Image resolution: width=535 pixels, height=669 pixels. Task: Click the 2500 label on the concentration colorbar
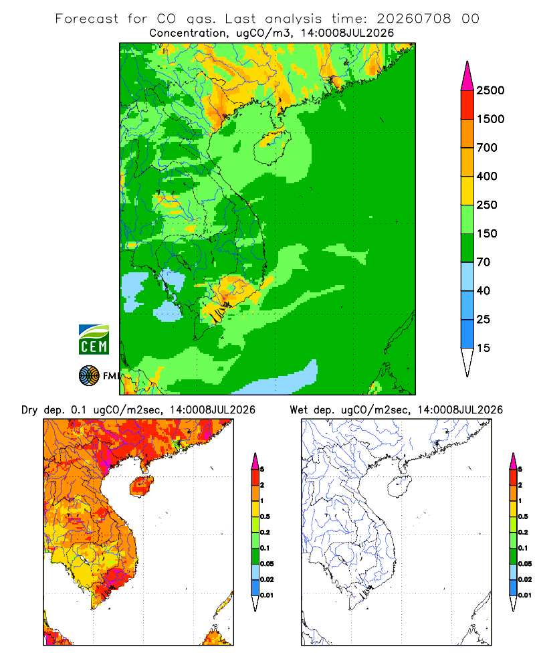[x=490, y=90]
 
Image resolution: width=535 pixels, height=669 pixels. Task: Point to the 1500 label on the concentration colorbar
[x=490, y=119]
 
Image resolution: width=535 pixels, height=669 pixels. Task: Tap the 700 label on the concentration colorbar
[x=487, y=148]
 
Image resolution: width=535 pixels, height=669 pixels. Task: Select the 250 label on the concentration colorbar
[x=487, y=205]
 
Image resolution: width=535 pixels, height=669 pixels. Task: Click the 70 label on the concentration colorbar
[x=484, y=262]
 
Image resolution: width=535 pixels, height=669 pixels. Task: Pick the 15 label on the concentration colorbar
[x=484, y=348]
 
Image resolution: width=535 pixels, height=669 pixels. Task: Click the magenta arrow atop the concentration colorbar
[x=467, y=76]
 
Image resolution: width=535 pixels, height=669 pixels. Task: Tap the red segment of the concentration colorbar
[x=467, y=105]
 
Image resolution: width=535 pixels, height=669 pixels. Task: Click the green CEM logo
[x=94, y=340]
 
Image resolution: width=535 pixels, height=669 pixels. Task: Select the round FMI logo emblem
[x=89, y=376]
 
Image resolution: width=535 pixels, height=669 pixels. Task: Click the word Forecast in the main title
[x=87, y=19]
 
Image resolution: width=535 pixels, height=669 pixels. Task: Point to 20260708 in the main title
[x=413, y=19]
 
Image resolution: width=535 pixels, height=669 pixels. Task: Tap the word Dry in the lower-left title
[x=29, y=410]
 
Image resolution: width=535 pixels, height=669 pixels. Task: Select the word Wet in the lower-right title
[x=298, y=410]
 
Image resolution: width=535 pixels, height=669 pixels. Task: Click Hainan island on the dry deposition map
[x=141, y=486]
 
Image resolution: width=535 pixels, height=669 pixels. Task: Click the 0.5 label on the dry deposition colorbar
[x=265, y=516]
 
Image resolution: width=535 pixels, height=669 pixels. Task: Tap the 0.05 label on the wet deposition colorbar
[x=525, y=563]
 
